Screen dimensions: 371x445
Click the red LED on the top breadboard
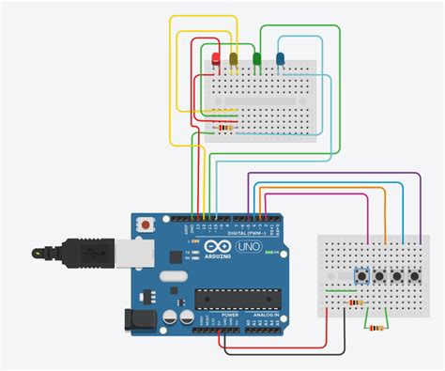click(x=217, y=61)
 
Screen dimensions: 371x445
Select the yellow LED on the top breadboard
click(x=234, y=60)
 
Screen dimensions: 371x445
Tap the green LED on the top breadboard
click(x=256, y=60)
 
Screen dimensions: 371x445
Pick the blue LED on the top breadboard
click(x=280, y=60)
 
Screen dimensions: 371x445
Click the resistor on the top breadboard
click(x=224, y=127)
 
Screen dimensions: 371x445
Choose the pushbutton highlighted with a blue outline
click(x=361, y=276)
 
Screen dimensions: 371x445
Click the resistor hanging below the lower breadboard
click(x=377, y=328)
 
